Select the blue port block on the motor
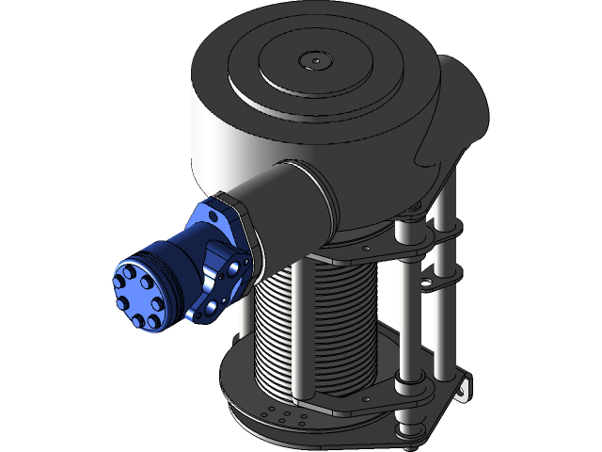[x=221, y=278]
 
